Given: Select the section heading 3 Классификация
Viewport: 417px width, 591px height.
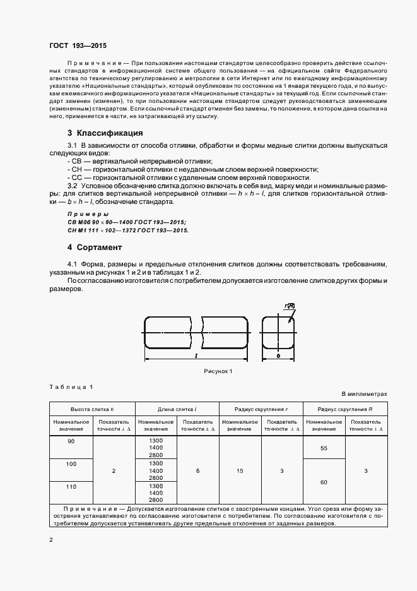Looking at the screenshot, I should coord(105,133).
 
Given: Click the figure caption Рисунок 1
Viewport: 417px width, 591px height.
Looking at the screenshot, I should coord(218,371).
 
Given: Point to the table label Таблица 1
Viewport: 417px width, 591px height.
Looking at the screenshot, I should coord(71,386).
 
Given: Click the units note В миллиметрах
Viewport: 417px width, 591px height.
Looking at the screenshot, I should coord(365,394).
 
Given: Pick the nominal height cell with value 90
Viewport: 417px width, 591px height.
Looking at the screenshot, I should coord(71,440).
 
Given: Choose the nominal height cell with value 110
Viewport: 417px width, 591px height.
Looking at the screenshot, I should coord(71,487).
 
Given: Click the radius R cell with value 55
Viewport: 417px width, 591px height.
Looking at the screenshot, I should coord(324,448).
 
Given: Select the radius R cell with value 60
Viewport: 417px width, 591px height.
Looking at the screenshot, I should coord(324,482).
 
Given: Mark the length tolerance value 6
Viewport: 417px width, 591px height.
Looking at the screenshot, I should coord(197,471).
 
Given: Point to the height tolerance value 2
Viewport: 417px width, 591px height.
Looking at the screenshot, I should coord(113,471).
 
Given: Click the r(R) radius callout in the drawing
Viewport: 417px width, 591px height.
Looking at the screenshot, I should coord(290,306).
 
